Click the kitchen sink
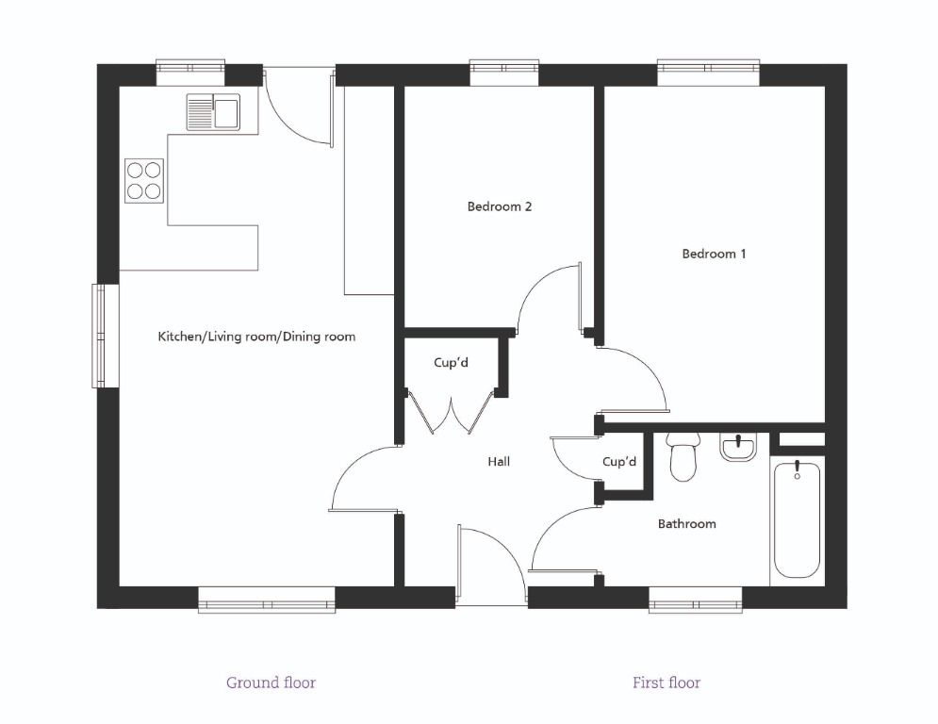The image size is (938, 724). [213, 112]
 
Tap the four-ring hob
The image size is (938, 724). [143, 179]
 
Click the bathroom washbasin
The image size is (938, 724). [738, 447]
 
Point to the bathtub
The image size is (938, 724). [797, 518]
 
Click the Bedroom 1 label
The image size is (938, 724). [714, 254]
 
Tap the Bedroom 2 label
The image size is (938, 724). [500, 206]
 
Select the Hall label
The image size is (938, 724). [499, 462]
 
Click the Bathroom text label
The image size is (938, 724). [686, 524]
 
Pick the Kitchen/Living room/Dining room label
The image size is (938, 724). [256, 337]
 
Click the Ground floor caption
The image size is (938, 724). [271, 683]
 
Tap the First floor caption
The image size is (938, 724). [666, 683]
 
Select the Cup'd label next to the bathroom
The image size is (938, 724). [619, 462]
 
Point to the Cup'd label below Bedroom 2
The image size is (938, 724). [452, 363]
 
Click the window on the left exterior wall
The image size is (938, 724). [99, 335]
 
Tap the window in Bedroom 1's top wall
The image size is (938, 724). [708, 68]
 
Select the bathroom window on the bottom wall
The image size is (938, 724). [695, 600]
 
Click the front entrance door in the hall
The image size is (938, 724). [490, 566]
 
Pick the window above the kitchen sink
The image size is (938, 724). [190, 68]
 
